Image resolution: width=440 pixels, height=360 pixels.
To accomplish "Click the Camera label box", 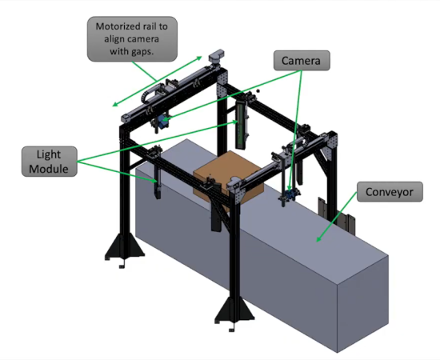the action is coord(302,60).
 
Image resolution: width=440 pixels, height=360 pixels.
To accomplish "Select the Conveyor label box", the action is coord(390,192).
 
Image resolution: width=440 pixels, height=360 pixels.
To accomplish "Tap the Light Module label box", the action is coord(50,162).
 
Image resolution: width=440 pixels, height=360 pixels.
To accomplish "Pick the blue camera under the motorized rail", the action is coord(162,122).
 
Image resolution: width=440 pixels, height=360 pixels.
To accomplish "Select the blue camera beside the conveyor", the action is coord(290,194).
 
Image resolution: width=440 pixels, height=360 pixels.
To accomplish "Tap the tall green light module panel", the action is coord(241,125).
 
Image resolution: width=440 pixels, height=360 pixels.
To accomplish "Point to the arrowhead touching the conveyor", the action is coord(318,238).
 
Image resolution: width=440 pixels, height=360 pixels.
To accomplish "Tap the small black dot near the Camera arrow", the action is coord(258,90).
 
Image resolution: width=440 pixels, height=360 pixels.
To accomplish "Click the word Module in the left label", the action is coord(49,169).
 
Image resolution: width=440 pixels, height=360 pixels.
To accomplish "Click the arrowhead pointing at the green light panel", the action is coord(234,122).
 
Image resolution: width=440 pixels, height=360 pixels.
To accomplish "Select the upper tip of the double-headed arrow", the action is coord(202,57).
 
